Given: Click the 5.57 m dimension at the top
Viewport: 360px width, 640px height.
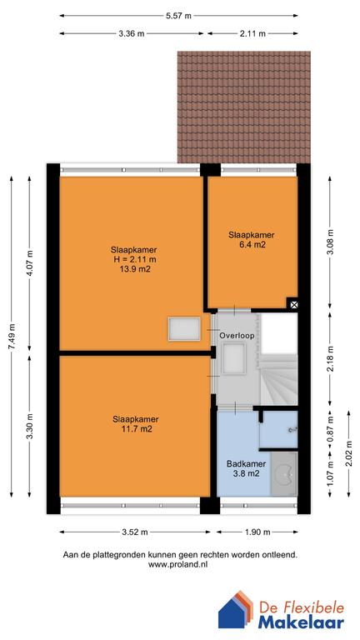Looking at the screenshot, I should (x=178, y=16).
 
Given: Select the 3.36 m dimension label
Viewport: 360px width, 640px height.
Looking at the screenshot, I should (x=132, y=34).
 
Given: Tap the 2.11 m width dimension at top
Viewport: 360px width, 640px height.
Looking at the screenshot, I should (x=252, y=34).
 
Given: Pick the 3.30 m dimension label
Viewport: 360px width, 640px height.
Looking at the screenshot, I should (x=30, y=426).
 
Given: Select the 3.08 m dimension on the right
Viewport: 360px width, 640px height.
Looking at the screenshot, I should (x=330, y=241).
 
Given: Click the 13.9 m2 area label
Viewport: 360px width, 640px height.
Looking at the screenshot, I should (x=133, y=269).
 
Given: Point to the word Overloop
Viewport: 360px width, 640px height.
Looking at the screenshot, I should (x=236, y=335).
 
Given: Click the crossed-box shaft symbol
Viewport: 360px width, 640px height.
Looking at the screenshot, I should (x=292, y=305).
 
